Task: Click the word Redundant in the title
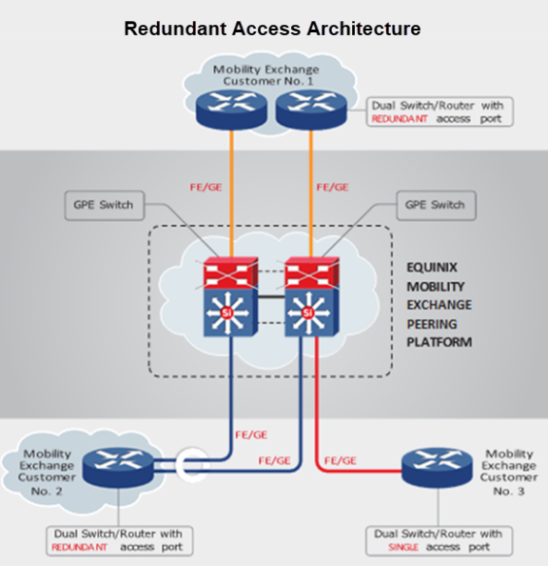[175, 29]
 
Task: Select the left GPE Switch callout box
[105, 206]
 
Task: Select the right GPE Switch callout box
[437, 206]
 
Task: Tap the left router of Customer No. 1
[231, 110]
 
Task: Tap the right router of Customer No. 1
[311, 110]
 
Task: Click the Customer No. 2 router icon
[118, 468]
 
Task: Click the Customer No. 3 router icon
[437, 468]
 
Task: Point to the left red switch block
[231, 273]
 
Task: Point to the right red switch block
[312, 273]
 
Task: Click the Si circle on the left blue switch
[226, 313]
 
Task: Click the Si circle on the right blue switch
[308, 313]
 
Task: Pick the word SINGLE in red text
[403, 548]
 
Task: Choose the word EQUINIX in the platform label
[432, 268]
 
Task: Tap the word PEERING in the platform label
[432, 324]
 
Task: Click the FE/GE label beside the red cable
[341, 460]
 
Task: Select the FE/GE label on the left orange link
[205, 187]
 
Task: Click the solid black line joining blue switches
[271, 296]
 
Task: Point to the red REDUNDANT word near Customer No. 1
[400, 119]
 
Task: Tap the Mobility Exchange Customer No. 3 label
[509, 473]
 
